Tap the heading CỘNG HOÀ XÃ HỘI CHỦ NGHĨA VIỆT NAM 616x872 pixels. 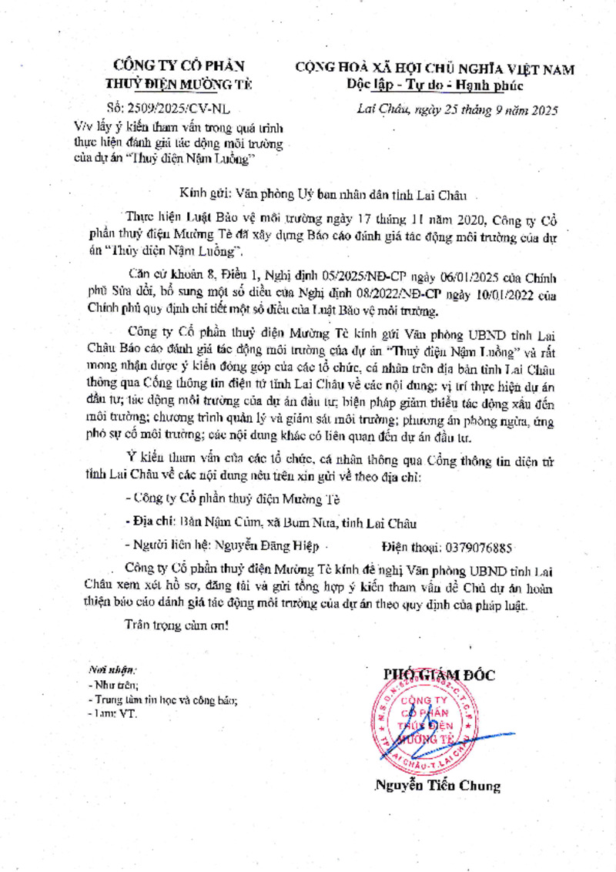click(x=435, y=69)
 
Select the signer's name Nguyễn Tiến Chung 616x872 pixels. click(x=437, y=786)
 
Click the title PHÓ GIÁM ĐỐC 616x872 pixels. click(x=439, y=676)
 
